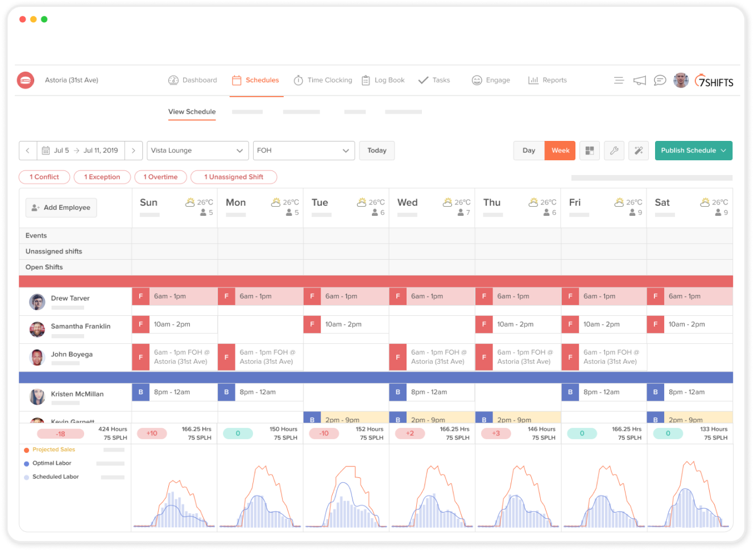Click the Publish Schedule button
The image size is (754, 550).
pyautogui.click(x=693, y=151)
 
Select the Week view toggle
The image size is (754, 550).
pyautogui.click(x=560, y=151)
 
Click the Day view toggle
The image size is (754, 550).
pyautogui.click(x=529, y=151)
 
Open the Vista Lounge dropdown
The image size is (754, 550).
pyautogui.click(x=197, y=151)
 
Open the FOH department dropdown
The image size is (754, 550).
pyautogui.click(x=304, y=151)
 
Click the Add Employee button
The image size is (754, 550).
pyautogui.click(x=61, y=207)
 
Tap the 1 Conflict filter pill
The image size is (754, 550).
pyautogui.click(x=44, y=177)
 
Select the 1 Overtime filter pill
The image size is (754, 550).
pyautogui.click(x=160, y=177)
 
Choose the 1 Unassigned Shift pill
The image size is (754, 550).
pyautogui.click(x=234, y=177)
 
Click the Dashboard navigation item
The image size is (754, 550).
pyautogui.click(x=193, y=80)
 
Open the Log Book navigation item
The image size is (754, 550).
pyautogui.click(x=383, y=80)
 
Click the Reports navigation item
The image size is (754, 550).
pyautogui.click(x=548, y=80)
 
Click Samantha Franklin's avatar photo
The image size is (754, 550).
pyautogui.click(x=37, y=329)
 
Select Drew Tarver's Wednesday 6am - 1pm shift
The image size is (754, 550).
pyautogui.click(x=432, y=296)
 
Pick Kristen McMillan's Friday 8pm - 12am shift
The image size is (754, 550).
pyautogui.click(x=604, y=392)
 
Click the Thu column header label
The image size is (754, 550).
pyautogui.click(x=492, y=203)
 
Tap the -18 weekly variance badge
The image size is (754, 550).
pyautogui.click(x=60, y=434)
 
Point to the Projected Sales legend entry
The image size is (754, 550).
pyautogui.click(x=53, y=449)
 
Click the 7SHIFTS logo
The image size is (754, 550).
pyautogui.click(x=714, y=81)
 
